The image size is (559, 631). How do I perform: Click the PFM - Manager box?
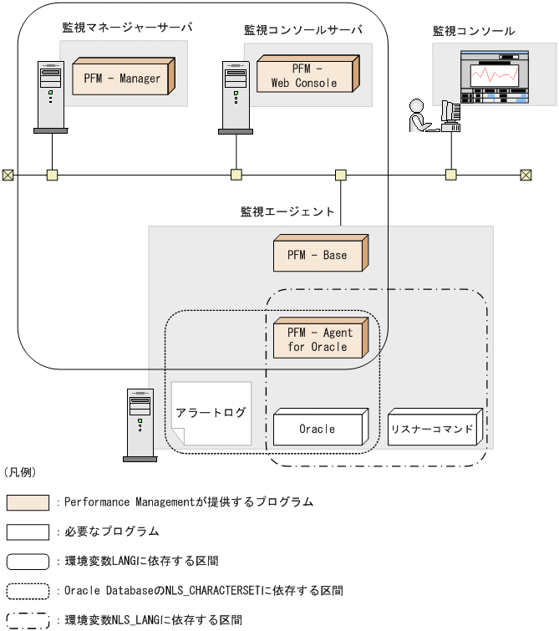point(122,78)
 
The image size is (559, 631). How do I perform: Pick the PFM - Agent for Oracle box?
point(320,338)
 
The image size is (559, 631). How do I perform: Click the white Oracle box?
point(318,428)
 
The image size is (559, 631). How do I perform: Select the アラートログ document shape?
point(211,413)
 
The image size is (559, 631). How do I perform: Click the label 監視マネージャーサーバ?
point(127,28)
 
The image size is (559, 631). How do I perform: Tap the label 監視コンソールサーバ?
point(303,30)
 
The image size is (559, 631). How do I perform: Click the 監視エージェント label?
point(287,212)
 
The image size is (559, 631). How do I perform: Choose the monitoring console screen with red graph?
point(494,78)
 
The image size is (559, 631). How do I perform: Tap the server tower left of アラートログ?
point(140,425)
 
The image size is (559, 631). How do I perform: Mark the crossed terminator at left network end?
point(8,175)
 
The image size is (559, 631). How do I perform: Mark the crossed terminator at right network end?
point(526,175)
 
